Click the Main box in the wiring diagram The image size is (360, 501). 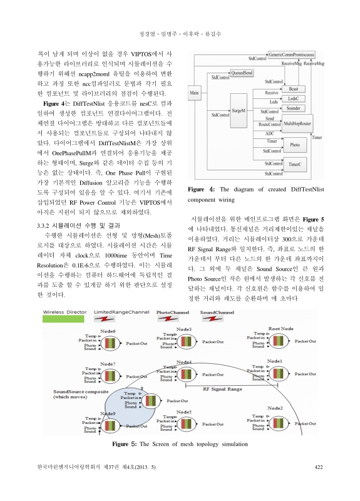(194, 93)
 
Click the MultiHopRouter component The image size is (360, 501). (297, 125)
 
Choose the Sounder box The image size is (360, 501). (294, 108)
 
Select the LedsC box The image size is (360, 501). (294, 99)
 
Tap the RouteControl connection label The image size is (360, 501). (270, 125)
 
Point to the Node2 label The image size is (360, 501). (275, 408)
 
